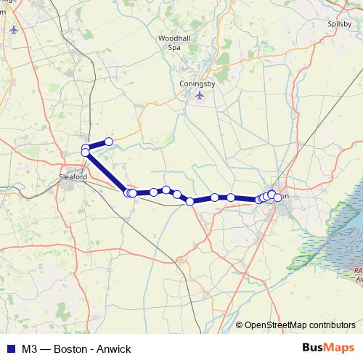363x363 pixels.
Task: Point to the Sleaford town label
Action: [73, 176]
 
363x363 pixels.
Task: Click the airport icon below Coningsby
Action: [200, 95]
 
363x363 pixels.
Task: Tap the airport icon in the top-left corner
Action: [15, 30]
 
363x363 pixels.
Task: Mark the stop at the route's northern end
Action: [109, 142]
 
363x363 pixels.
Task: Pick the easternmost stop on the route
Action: [277, 197]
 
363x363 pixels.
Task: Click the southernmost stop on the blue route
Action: [190, 202]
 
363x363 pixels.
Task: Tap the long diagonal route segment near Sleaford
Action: [106, 173]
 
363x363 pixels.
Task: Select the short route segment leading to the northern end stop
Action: [97, 145]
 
